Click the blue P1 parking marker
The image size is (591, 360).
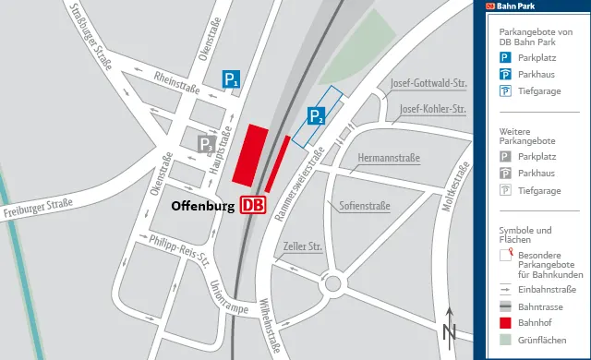pyautogui.click(x=231, y=80)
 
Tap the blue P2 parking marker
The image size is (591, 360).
pyautogui.click(x=316, y=115)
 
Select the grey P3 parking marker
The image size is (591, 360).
pyautogui.click(x=207, y=144)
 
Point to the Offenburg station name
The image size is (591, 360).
pyautogui.click(x=203, y=205)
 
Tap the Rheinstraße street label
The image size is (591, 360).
pyautogui.click(x=177, y=83)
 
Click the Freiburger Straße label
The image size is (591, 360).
pyautogui.click(x=37, y=208)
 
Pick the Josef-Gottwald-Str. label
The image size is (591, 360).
pyautogui.click(x=429, y=82)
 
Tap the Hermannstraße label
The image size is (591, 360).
pyautogui.click(x=388, y=158)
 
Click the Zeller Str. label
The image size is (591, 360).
pyautogui.click(x=303, y=246)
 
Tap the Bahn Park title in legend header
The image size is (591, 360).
pyautogui.click(x=515, y=6)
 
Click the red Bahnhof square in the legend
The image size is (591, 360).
pyautogui.click(x=505, y=323)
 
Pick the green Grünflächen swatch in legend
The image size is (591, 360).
pyautogui.click(x=505, y=341)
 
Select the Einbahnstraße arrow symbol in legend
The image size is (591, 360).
pyautogui.click(x=505, y=289)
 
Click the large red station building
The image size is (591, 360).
pyautogui.click(x=250, y=155)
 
